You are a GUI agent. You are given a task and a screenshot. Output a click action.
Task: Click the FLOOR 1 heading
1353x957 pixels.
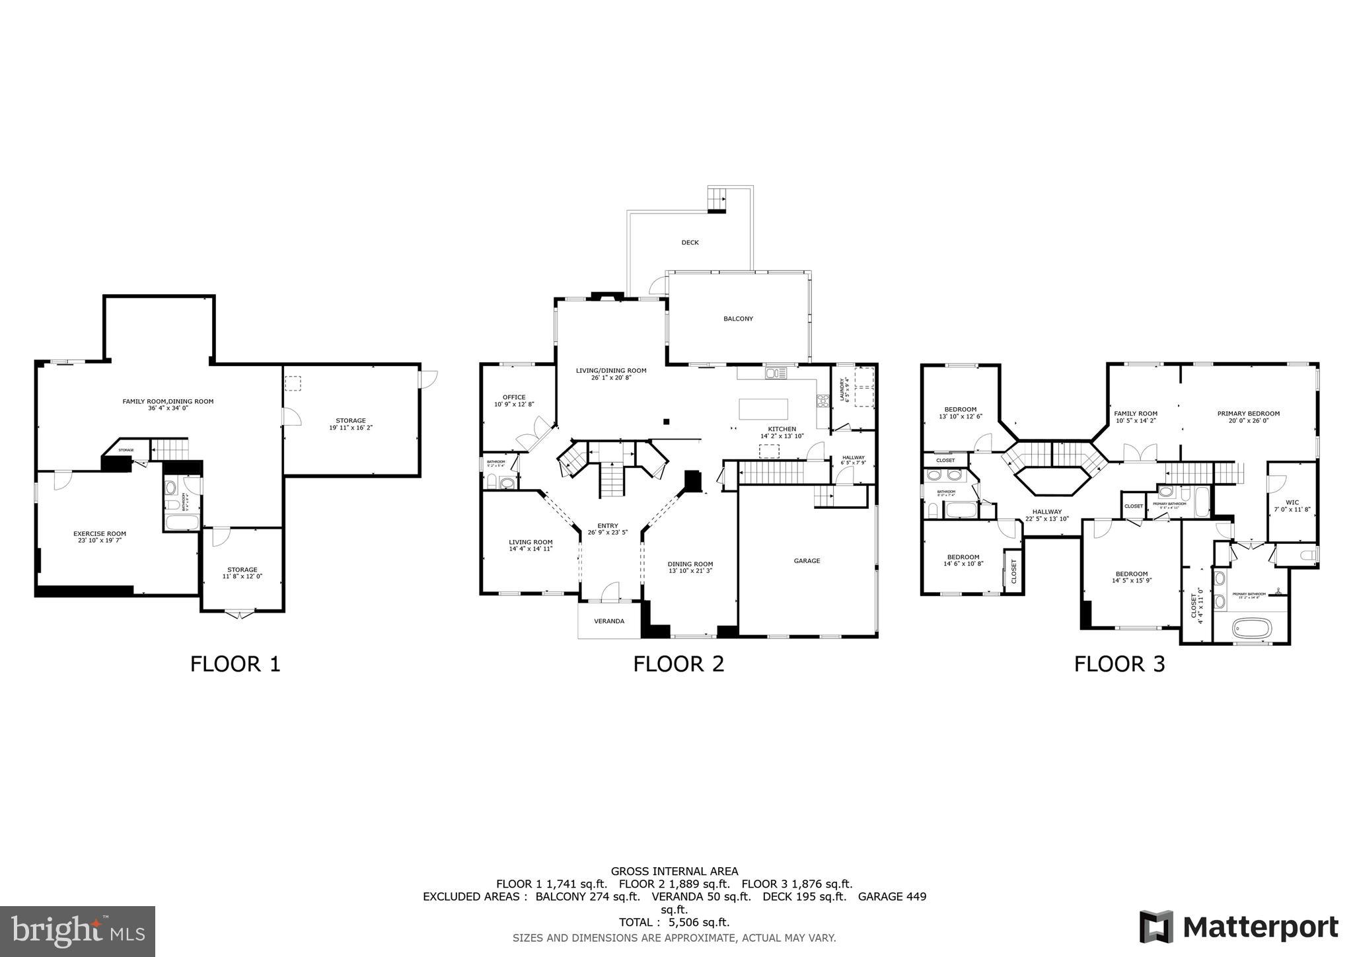coord(235,664)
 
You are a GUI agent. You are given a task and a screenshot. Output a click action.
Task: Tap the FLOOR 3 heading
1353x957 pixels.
coord(1119,664)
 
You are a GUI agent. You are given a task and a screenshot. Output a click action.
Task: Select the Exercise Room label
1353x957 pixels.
coord(99,537)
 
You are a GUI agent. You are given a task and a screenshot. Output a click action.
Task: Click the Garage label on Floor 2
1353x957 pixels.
coord(807,560)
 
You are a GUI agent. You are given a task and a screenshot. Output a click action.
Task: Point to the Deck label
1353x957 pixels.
coord(690,243)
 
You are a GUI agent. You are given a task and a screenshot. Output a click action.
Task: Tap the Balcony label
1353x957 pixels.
coord(738,319)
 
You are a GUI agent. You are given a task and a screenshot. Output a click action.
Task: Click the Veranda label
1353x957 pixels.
coord(609,621)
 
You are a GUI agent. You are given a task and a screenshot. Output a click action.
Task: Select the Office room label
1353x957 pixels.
coord(514,401)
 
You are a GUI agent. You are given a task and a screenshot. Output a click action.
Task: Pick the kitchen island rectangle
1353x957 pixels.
coord(763,408)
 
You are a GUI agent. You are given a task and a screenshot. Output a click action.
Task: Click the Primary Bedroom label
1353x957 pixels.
coord(1248,416)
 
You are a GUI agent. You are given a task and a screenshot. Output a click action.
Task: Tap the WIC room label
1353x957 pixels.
coord(1292,506)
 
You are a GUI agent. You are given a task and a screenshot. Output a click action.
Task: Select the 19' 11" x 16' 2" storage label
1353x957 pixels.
coord(350,424)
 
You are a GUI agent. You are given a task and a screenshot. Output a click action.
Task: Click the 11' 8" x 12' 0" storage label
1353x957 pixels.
coord(242,572)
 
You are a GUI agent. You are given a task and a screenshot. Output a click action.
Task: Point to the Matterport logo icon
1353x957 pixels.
coord(1156,927)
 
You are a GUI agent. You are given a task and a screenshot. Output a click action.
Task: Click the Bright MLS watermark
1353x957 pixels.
coord(77,931)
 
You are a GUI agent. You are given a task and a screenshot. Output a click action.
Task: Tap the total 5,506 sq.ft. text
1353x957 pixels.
coord(674,923)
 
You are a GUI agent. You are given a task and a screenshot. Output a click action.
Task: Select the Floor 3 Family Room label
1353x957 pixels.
coord(1136,416)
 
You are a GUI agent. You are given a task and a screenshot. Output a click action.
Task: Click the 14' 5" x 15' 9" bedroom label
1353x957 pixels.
coord(1132,577)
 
